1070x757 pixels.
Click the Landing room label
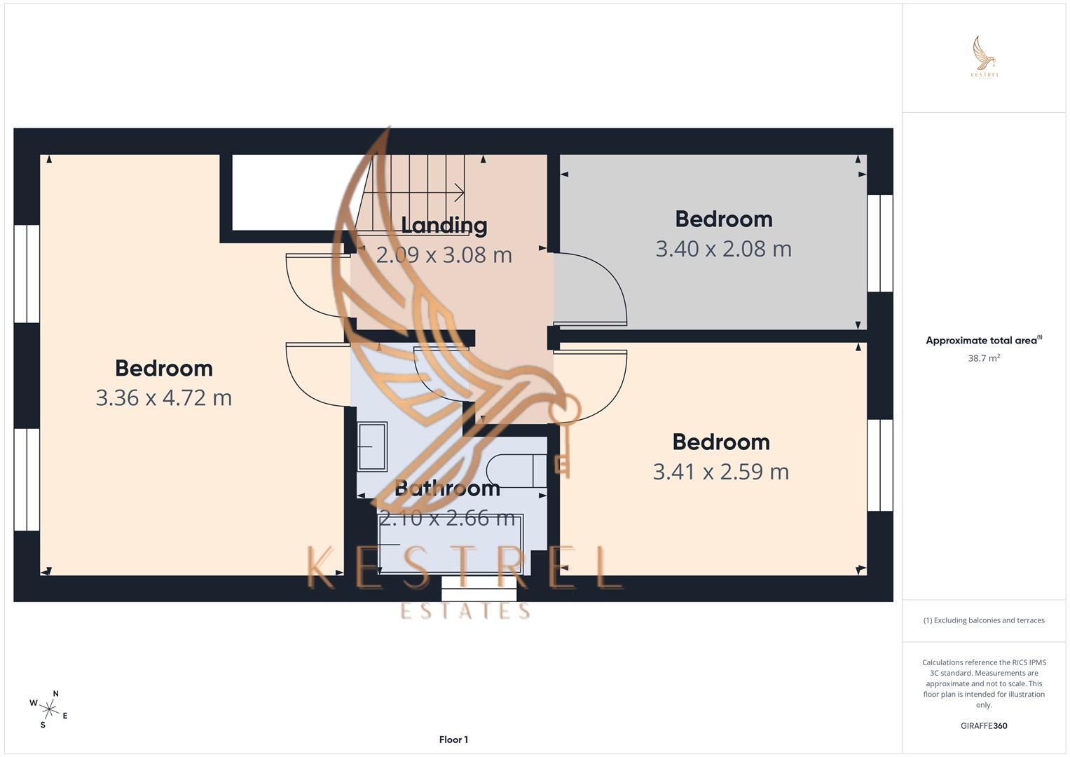[444, 225]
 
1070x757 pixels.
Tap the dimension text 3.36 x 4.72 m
[163, 398]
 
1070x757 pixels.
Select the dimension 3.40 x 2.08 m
[723, 249]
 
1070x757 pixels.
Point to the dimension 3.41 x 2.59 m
[720, 472]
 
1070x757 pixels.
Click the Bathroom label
[447, 488]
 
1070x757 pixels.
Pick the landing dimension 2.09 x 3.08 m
[444, 255]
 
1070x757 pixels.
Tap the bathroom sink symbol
[372, 446]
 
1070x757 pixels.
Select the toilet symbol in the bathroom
[514, 470]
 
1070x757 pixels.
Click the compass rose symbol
[49, 709]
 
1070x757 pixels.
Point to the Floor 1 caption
[453, 739]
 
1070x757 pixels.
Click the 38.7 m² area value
[983, 358]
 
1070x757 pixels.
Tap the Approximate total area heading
[983, 341]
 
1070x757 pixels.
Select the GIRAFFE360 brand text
[983, 726]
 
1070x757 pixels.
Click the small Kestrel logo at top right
[984, 57]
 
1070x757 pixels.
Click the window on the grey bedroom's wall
[880, 243]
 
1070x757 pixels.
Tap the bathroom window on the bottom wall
[479, 589]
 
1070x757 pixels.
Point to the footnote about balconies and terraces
[983, 620]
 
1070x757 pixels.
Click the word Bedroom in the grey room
[723, 219]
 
